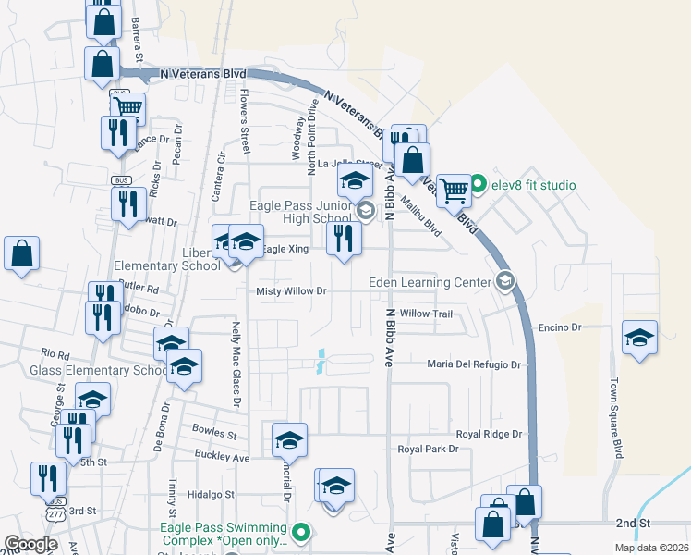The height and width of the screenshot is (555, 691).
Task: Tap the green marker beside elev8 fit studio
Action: pos(478,185)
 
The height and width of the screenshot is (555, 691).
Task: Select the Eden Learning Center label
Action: pos(430,281)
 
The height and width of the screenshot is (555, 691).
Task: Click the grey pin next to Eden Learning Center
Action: pos(504,279)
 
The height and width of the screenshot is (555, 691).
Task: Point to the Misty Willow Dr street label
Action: pos(292,290)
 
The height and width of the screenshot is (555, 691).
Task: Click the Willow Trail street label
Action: pos(426,314)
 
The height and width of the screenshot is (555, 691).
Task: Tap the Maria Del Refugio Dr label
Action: pos(474,364)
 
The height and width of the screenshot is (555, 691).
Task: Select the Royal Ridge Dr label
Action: pos(490,434)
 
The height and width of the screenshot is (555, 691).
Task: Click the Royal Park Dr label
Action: pos(428,450)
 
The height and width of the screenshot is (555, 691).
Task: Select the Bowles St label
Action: pos(214,431)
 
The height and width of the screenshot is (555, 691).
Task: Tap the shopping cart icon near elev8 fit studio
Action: pos(453,191)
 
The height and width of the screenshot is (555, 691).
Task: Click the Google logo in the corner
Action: pos(31,543)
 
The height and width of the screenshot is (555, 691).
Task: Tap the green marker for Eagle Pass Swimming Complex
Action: pos(299,532)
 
